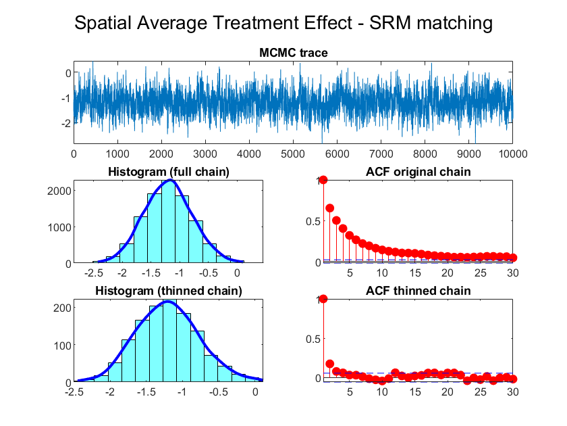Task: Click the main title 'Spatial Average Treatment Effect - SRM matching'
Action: pos(283,23)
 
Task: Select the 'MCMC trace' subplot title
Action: pos(293,53)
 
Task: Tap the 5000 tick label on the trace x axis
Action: pos(293,154)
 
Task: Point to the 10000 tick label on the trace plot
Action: pos(513,154)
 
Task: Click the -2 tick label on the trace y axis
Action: pos(66,124)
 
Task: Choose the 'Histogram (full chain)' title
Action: pos(169,172)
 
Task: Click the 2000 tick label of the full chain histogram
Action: pos(59,191)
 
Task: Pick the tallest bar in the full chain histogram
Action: pos(169,221)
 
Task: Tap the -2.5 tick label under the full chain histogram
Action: pos(94,273)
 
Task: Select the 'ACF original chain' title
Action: pos(418,172)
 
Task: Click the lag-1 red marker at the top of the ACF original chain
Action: pos(323,180)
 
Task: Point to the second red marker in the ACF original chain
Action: pos(330,208)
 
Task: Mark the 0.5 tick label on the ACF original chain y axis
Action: pos(313,221)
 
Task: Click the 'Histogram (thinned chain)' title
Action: pos(169,291)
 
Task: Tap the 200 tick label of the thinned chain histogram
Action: pos(63,308)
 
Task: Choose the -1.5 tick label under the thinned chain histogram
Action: pos(146,392)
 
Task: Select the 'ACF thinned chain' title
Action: pos(418,291)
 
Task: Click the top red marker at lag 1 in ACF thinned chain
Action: pos(323,299)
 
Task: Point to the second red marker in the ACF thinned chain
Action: pos(330,364)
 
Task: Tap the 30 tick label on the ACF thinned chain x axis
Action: pos(513,392)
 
